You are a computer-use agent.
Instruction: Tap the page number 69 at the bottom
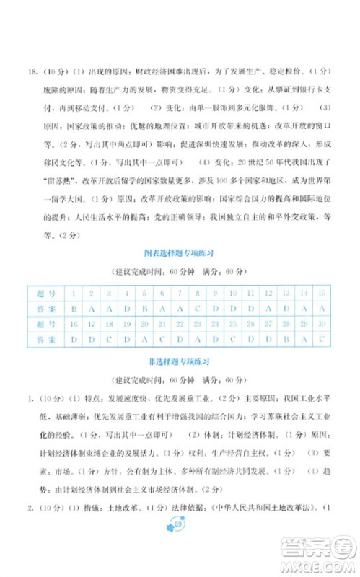click(180, 546)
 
